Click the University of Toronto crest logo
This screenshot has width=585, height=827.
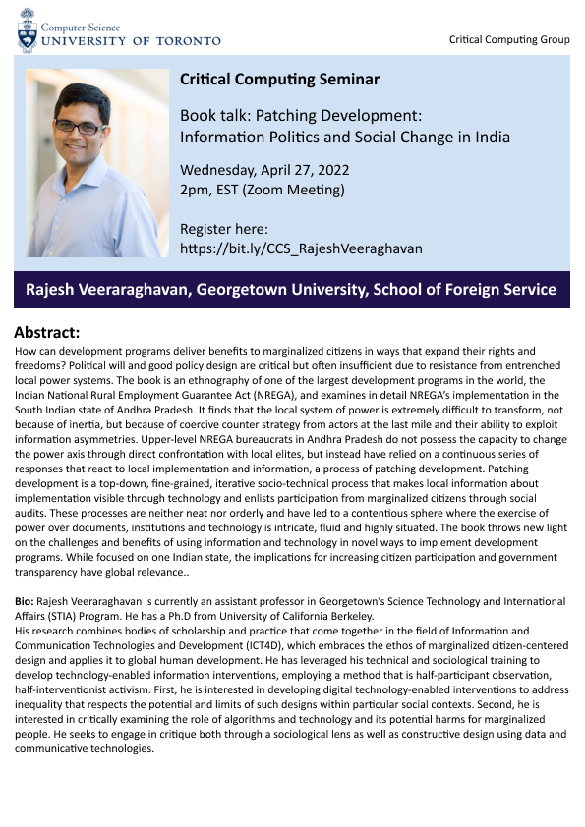pyautogui.click(x=27, y=33)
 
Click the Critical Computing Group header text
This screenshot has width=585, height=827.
pyautogui.click(x=508, y=39)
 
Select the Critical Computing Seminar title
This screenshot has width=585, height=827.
pyautogui.click(x=279, y=79)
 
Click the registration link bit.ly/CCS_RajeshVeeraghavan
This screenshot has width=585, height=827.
pyautogui.click(x=302, y=248)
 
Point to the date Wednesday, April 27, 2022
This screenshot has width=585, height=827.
pyautogui.click(x=264, y=170)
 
